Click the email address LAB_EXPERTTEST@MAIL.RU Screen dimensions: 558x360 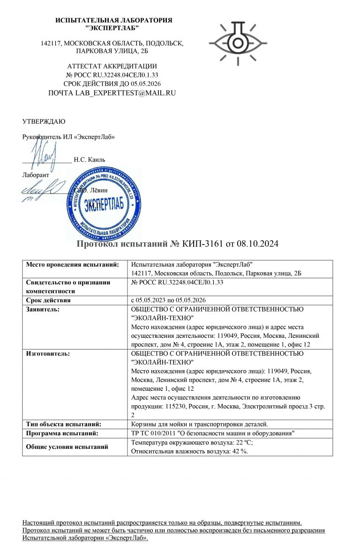(x=112, y=93)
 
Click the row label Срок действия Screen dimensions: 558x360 (x=48, y=300)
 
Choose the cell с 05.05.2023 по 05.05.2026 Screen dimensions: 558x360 (x=169, y=300)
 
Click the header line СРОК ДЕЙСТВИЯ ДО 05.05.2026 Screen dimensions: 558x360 (x=112, y=83)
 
